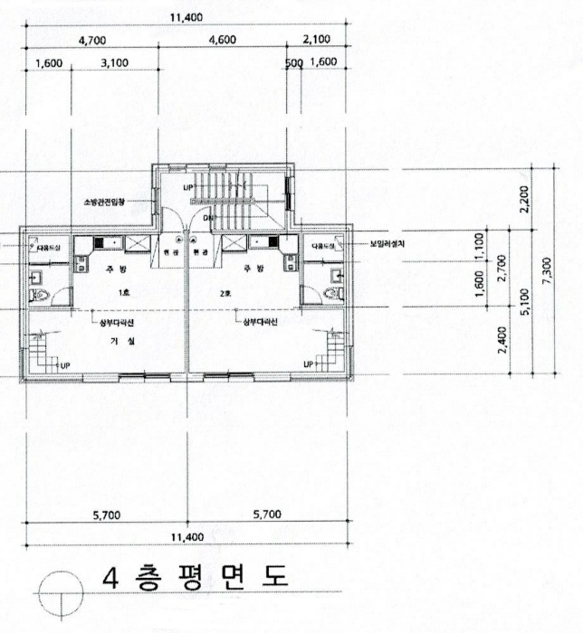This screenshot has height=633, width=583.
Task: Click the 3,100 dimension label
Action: [x=115, y=62]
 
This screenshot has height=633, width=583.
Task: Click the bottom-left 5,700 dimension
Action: [x=109, y=515]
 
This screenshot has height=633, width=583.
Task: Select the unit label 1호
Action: [x=122, y=294]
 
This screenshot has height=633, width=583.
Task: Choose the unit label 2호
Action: [x=255, y=294]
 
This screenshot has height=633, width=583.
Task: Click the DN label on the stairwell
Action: [x=206, y=218]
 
